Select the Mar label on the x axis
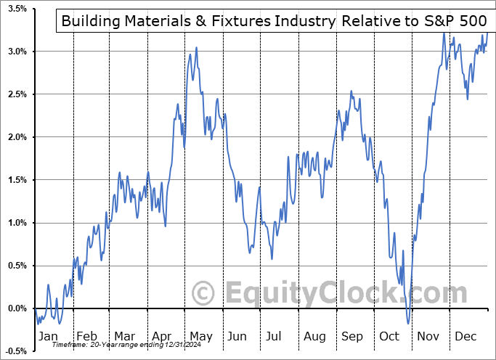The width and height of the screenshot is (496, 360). coord(123,336)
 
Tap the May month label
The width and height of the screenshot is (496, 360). coord(200,336)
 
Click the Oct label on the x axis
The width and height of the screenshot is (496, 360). coord(389,336)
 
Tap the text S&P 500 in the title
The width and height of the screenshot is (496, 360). coord(452,21)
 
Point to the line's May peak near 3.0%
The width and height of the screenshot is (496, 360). coord(196,48)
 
